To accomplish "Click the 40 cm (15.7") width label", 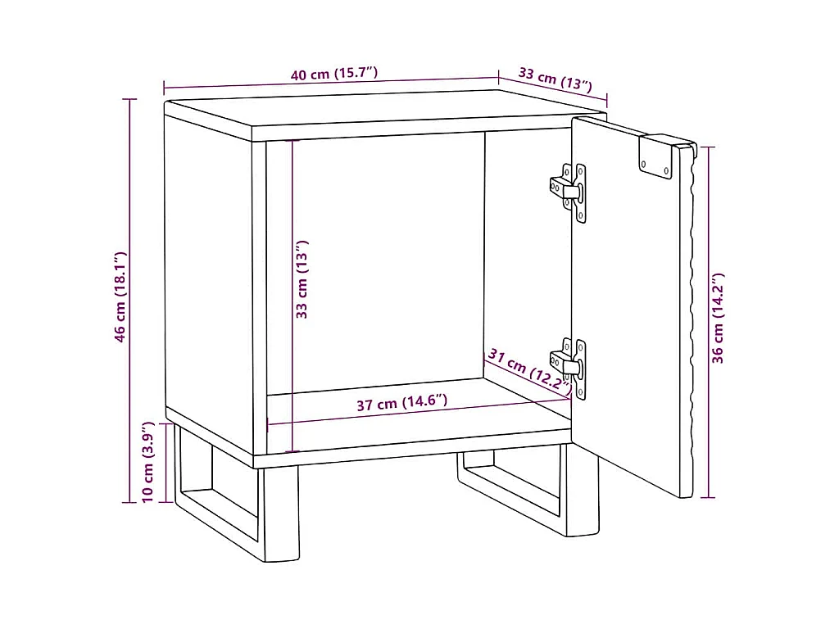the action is pos(334,73).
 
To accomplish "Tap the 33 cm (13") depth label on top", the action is pos(556,79).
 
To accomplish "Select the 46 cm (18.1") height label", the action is pos(120,296).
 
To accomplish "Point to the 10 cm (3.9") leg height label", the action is pos(147,462).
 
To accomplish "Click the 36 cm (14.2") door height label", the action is pos(718,319).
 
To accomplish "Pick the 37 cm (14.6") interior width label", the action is pos(401,402).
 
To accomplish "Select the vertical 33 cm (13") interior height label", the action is pos(302,279).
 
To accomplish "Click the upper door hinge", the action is pos(569,192).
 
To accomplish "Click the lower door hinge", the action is pos(569,368).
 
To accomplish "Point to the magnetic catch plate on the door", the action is pos(655,156).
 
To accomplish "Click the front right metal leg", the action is pos(583,490).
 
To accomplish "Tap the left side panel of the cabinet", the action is pos(209,278).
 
